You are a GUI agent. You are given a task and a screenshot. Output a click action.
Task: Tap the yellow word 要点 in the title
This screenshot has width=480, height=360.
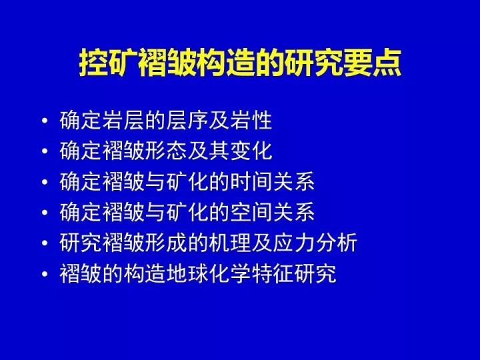[x=371, y=63]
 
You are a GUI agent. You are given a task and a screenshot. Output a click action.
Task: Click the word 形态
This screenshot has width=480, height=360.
[x=166, y=151]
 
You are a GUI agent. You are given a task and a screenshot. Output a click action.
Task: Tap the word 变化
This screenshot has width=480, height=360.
[x=251, y=151]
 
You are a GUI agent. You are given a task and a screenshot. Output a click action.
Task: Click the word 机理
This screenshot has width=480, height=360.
[x=230, y=243]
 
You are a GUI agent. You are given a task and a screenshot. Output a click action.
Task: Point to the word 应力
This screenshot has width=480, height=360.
[x=293, y=243]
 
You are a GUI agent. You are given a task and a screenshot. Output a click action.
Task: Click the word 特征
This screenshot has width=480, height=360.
[x=272, y=273]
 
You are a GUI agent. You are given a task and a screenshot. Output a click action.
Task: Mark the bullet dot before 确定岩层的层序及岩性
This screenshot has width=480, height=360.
[x=45, y=120]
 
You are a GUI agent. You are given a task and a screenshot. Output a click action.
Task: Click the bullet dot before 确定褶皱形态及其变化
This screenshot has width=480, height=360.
[x=45, y=151]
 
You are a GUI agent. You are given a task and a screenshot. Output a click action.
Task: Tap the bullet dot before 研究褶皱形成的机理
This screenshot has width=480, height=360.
[x=45, y=243]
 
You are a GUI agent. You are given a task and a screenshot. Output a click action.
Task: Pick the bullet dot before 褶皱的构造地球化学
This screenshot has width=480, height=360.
[x=45, y=273]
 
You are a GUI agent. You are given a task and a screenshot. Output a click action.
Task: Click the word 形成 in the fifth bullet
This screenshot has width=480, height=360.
[x=166, y=243]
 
